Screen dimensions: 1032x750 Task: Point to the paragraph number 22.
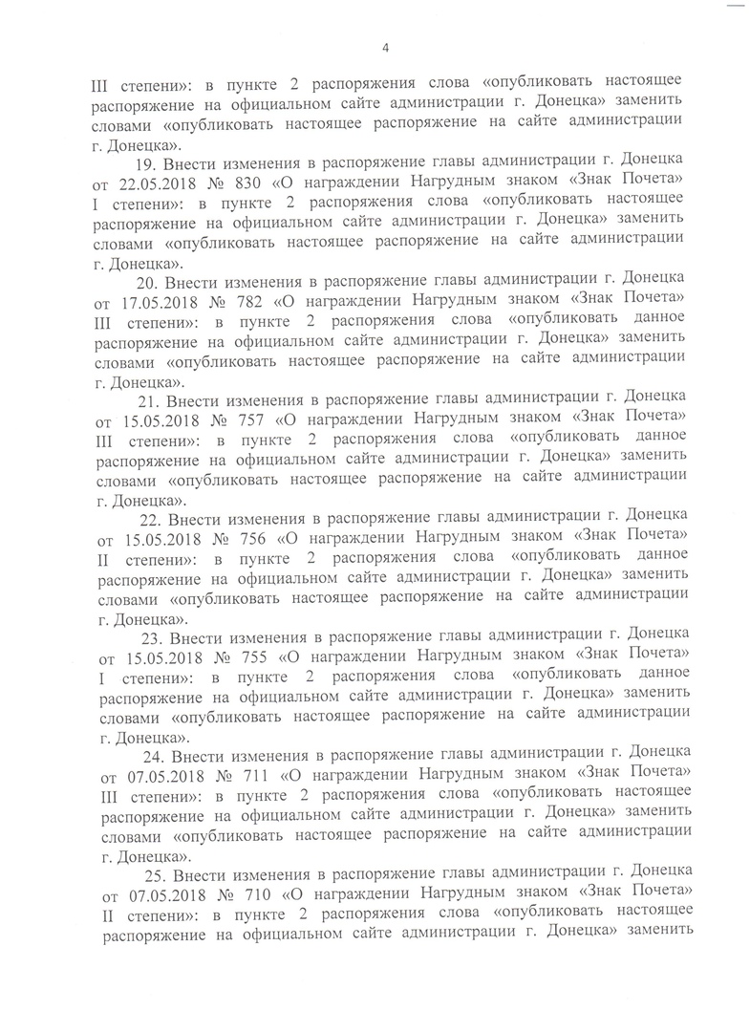tap(151, 520)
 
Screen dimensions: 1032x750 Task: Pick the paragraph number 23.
tap(152, 638)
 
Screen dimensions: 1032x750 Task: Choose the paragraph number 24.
tap(153, 757)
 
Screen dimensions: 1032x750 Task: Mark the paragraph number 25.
tap(155, 875)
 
